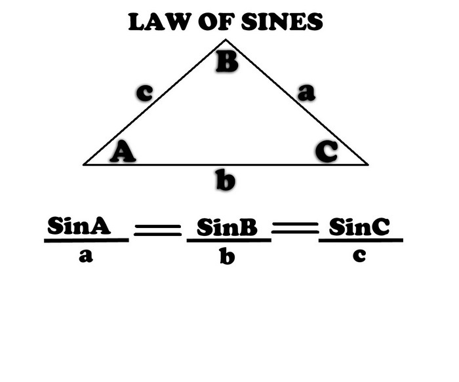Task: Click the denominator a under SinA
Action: point(85,256)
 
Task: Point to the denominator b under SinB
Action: point(227,256)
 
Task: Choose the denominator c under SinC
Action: point(359,256)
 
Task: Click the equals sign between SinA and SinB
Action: point(157,230)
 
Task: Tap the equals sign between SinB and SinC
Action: point(294,229)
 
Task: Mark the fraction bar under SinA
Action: point(86,240)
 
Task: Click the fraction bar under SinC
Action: point(361,240)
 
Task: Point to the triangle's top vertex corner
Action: point(226,41)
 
